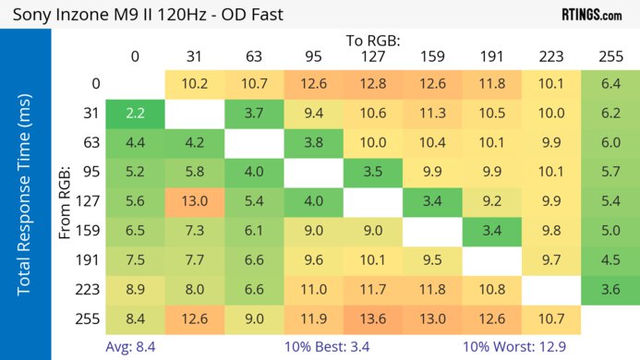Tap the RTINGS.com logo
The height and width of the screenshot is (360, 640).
pos(591,15)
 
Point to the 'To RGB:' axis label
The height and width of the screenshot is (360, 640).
pos(373,41)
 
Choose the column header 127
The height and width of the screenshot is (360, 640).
pos(373,56)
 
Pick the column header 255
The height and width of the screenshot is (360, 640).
pos(610,56)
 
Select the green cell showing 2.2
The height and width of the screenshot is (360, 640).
pos(135,114)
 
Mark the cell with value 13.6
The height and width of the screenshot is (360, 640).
pos(373,318)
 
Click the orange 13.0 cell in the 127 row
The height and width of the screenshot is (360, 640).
pos(194,201)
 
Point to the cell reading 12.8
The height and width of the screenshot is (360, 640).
pos(373,85)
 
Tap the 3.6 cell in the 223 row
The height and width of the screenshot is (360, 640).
pos(610,289)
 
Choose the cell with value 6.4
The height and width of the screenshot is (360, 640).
pos(610,85)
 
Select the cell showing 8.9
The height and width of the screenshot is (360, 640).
pos(135,289)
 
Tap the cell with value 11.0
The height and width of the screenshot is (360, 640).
pos(313,289)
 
